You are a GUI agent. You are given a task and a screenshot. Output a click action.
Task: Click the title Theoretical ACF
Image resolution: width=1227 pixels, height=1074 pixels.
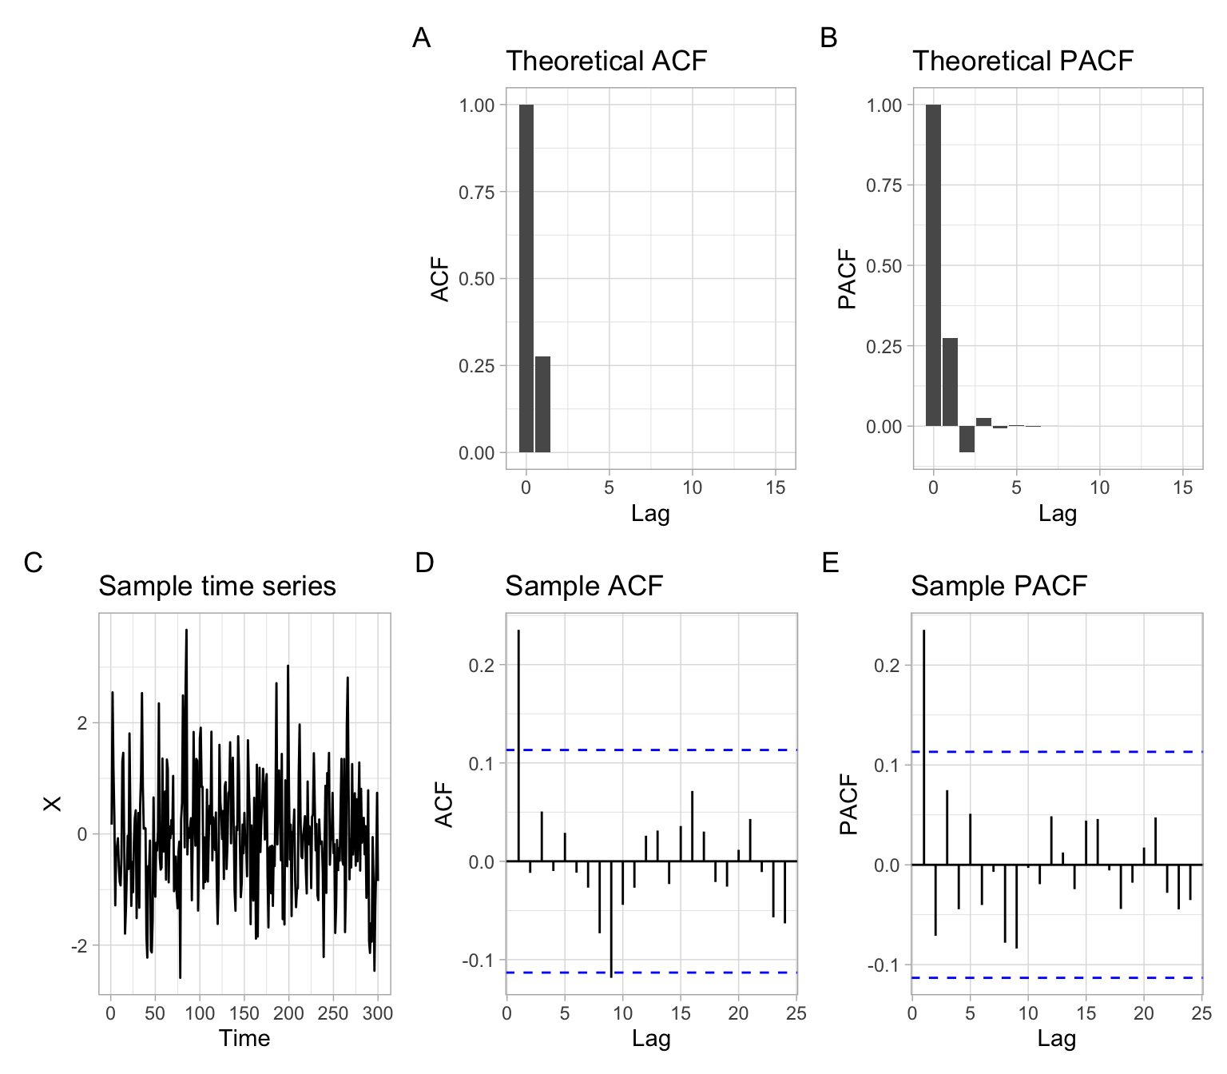606,61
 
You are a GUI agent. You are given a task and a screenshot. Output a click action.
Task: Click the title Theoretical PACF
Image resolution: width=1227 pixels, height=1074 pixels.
1022,61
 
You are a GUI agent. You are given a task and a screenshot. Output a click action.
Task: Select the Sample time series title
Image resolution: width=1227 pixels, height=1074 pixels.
217,586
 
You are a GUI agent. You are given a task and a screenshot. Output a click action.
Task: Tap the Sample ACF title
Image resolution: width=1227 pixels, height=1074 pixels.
584,586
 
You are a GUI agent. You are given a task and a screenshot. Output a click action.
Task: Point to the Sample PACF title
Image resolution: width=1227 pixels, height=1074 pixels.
999,586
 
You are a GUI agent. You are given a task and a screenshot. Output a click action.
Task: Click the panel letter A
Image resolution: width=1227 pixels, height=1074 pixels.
421,38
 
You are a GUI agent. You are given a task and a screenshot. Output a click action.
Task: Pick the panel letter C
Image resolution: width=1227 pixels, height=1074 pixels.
33,563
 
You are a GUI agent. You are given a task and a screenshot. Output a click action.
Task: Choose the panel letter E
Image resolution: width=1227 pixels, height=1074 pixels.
830,563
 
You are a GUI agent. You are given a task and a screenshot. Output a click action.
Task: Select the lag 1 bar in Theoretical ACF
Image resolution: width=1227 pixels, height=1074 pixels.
542,404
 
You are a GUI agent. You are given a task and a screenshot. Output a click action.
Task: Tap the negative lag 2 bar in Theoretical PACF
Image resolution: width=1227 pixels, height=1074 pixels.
967,439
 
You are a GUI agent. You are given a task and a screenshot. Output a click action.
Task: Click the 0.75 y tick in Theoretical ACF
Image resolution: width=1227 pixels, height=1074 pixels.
476,192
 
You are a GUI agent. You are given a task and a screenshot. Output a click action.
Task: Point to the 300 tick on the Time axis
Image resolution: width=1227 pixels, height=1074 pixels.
378,1013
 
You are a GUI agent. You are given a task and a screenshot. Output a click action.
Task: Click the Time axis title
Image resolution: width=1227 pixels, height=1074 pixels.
244,1038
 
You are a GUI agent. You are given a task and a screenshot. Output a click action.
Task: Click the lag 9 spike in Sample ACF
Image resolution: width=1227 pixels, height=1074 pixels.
611,919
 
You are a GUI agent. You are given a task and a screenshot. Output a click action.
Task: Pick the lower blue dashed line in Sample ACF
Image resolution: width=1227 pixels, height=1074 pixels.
652,973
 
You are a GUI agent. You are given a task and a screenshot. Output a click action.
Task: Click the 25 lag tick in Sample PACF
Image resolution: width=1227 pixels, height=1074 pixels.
1201,1013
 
